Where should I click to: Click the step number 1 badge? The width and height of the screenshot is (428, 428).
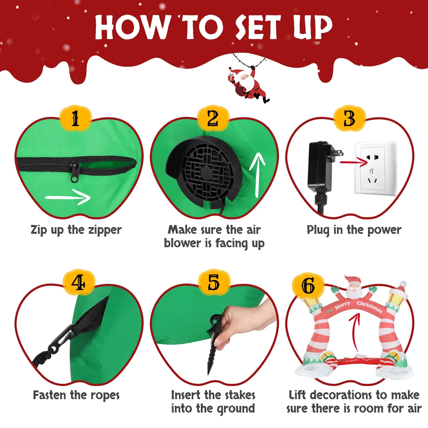75,119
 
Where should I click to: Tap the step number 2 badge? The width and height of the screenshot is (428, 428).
213,119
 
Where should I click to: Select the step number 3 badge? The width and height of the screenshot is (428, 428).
350,119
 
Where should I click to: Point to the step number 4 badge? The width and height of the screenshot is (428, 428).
78,283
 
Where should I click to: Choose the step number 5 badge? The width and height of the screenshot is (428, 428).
214,283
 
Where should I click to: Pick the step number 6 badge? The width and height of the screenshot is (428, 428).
308,286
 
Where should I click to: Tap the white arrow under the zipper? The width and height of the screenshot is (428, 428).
68,197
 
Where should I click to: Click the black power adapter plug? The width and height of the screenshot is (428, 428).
321,166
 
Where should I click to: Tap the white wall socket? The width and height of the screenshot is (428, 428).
375,168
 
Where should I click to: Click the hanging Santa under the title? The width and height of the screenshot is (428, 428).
249,84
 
